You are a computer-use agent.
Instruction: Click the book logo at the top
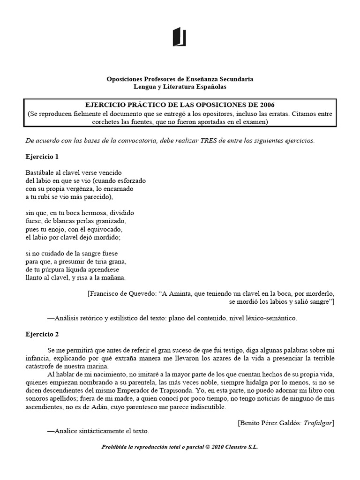pyautogui.click(x=180, y=37)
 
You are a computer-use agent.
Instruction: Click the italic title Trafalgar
pyautogui.click(x=316, y=422)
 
